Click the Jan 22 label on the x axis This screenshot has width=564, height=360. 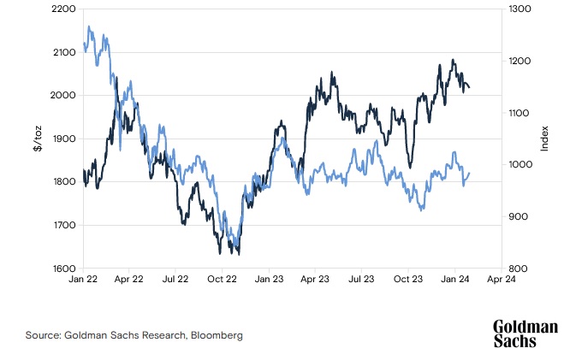pos(84,279)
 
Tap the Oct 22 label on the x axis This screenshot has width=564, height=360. pos(223,279)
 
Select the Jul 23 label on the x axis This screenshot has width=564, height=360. pos(362,279)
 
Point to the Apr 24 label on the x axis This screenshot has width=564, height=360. pos(501,279)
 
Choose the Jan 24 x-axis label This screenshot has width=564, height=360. pos(454,279)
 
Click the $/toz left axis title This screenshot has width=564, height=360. pos(37,139)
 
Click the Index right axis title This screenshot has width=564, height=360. pos(544,139)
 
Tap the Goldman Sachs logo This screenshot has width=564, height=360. pos(525,333)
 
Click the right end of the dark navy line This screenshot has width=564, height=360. pos(469,87)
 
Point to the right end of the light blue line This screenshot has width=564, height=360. pos(469,174)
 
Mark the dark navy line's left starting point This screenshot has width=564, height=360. pos(84,171)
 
